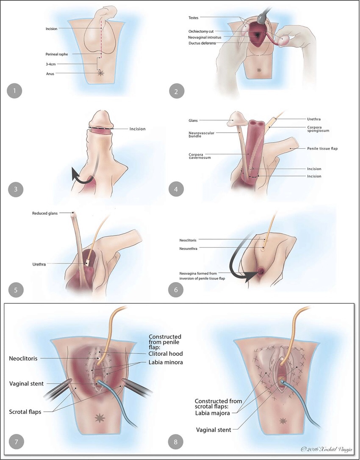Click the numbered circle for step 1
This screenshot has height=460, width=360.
(x=14, y=91)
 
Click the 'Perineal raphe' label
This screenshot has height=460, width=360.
(x=57, y=54)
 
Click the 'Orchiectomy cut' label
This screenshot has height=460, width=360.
(x=202, y=31)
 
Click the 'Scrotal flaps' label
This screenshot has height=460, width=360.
(x=25, y=411)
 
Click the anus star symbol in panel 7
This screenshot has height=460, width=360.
(x=100, y=418)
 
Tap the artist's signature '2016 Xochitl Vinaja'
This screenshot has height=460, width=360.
(x=328, y=449)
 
